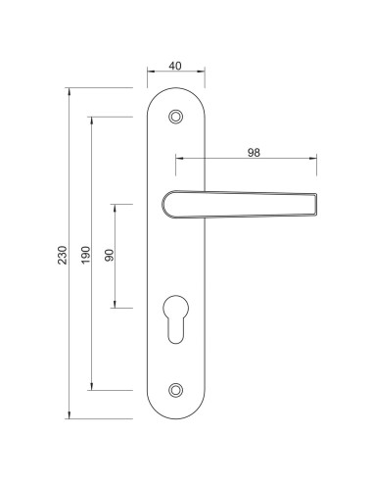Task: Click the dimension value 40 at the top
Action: (175, 66)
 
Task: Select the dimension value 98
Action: (254, 152)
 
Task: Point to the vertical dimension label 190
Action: (86, 255)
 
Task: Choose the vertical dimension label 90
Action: (110, 256)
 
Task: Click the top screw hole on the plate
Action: (176, 117)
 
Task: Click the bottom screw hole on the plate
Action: (176, 390)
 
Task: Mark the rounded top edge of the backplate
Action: (176, 89)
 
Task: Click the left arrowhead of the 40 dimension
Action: (150, 73)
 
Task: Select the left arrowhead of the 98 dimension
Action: (178, 159)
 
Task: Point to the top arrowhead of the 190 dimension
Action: (93, 119)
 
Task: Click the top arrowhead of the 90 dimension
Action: (116, 206)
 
